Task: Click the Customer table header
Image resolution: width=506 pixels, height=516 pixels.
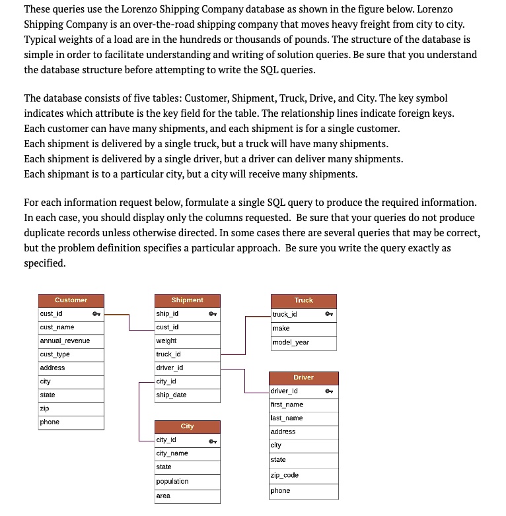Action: (x=71, y=300)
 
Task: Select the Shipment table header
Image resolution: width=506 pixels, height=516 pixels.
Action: (x=187, y=300)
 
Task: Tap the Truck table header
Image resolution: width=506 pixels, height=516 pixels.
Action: (x=303, y=300)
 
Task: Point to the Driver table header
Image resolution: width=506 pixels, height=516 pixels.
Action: (x=303, y=377)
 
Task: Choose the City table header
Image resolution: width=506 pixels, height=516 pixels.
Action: (x=187, y=426)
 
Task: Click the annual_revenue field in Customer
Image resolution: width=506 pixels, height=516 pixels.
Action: (x=65, y=341)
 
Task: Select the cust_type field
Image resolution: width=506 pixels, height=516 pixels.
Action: (x=55, y=354)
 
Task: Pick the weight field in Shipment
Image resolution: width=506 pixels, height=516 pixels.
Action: (x=166, y=341)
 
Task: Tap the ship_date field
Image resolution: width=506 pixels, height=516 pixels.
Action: (x=171, y=395)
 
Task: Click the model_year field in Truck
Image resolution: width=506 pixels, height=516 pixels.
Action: (x=291, y=342)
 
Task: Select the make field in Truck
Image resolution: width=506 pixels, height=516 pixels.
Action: (x=281, y=328)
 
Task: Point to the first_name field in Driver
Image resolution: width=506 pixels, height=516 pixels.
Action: (x=287, y=404)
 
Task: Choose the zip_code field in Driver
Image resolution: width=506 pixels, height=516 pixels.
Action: (x=285, y=475)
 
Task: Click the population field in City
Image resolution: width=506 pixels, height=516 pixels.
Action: (x=172, y=482)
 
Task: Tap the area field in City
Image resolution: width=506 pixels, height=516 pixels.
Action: (x=163, y=496)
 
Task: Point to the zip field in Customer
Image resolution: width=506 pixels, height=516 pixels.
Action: (x=44, y=408)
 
